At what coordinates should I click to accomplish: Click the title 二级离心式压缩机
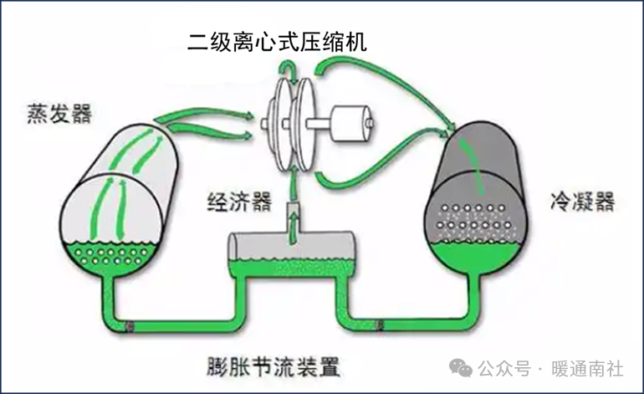pyautogui.click(x=276, y=41)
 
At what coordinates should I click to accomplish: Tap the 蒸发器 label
pyautogui.click(x=59, y=113)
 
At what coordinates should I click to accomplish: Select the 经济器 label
pyautogui.click(x=239, y=202)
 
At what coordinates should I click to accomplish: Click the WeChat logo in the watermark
pyautogui.click(x=461, y=368)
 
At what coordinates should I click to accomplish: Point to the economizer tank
pyautogui.click(x=294, y=251)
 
